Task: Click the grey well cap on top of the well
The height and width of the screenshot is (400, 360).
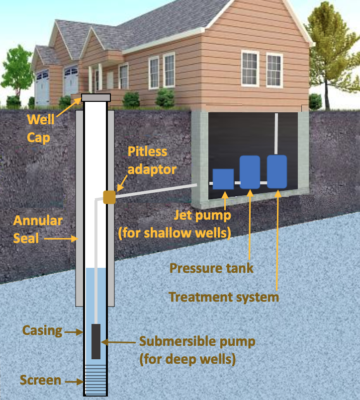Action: point(95,97)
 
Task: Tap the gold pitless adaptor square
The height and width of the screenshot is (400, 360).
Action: point(109,197)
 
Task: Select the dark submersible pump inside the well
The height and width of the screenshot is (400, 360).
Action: point(96,341)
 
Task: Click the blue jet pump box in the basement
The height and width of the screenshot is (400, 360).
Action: point(223,179)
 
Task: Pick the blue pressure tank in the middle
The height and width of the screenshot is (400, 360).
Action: point(250,172)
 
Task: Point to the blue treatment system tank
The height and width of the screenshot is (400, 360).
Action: point(277,171)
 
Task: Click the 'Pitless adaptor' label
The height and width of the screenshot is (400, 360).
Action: point(152,160)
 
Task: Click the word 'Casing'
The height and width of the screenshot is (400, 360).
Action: point(42,330)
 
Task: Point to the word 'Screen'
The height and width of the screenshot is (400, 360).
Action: point(40,381)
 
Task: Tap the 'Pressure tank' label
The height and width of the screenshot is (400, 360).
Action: point(211,268)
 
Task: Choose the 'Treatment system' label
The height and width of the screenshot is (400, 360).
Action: point(223,297)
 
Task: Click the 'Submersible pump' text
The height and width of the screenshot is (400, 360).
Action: point(197,342)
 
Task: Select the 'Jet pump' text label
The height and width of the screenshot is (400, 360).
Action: point(202,216)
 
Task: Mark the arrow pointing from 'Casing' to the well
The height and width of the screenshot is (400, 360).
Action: point(74,331)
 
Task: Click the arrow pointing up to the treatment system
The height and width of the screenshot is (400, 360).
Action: point(277,239)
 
